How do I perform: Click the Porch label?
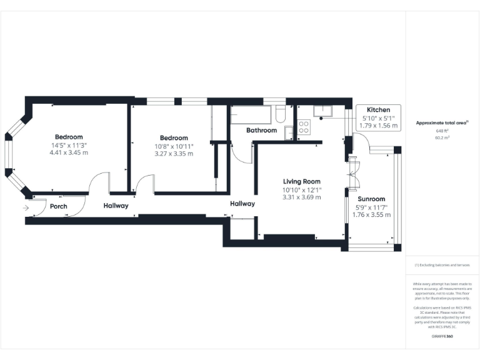point(59,206)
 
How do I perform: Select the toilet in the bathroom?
point(281,114)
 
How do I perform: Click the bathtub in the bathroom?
point(252,116)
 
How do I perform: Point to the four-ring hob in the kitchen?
point(304,127)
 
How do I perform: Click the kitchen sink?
point(325,112)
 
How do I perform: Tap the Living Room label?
point(301,181)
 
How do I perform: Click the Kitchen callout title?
point(378,109)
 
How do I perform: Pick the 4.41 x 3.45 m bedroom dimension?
point(69,152)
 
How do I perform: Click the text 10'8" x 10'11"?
point(174,146)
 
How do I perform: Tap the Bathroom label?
point(261,130)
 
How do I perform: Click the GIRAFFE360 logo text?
point(442,336)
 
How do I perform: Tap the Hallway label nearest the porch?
point(116,206)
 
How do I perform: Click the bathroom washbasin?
point(289,132)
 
